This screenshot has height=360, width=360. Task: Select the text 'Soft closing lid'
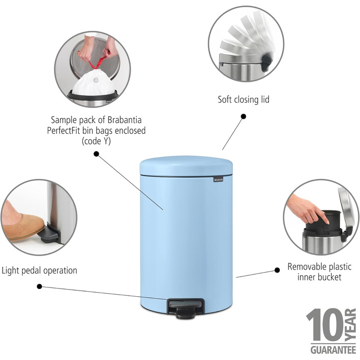pos(243,99)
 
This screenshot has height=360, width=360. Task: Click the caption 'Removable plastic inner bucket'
pos(319,272)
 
